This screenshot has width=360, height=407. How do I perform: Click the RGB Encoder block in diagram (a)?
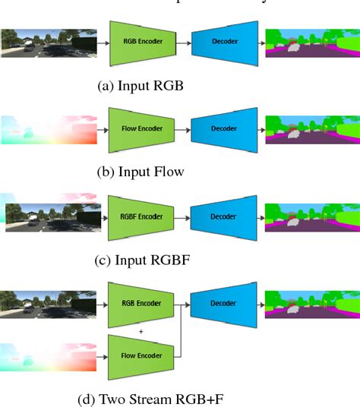tap(143, 44)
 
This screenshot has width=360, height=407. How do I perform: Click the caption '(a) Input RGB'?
tap(141, 86)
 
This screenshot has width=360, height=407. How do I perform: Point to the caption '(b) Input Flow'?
tap(141, 172)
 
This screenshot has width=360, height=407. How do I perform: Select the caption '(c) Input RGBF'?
tap(141, 259)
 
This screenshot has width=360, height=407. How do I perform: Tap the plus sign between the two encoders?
tap(142, 331)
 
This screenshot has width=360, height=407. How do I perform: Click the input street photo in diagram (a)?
tap(46, 44)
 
